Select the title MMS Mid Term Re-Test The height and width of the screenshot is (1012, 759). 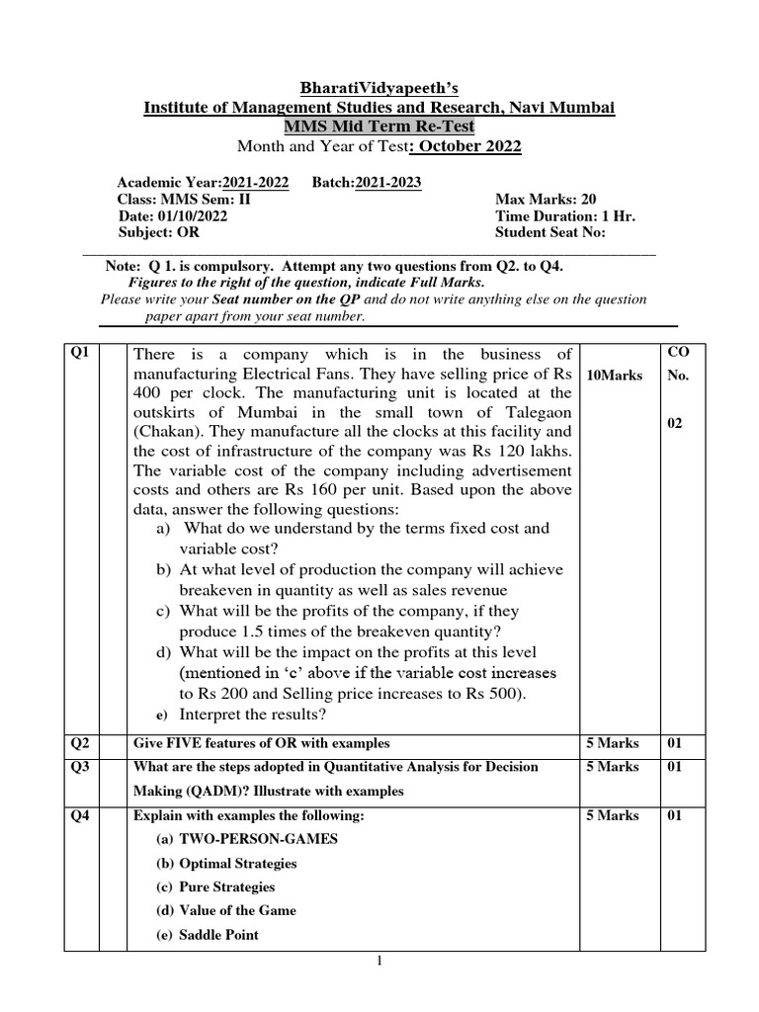(379, 127)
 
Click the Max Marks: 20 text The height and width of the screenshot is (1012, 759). (546, 200)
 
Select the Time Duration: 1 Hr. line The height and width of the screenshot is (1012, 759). (555, 216)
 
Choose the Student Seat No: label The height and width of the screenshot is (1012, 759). (549, 233)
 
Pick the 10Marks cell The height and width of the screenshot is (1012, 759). (614, 377)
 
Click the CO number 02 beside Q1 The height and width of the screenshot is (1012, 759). (677, 423)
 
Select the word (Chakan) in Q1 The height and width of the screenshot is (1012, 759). (166, 433)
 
